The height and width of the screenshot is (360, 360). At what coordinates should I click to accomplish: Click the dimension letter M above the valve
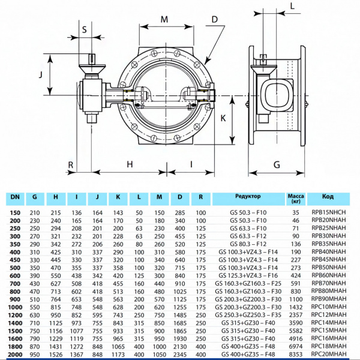[x=165, y=20]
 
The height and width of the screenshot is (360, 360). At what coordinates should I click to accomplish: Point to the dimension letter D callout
[x=214, y=20]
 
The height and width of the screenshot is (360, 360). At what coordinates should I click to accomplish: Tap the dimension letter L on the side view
[x=292, y=7]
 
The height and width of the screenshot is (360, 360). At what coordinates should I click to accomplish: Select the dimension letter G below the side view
[x=277, y=164]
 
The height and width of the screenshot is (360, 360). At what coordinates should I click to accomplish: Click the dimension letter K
[x=223, y=118]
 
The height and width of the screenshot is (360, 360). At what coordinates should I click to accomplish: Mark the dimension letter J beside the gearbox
[x=40, y=76]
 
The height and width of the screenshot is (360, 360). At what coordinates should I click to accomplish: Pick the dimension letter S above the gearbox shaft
[x=84, y=29]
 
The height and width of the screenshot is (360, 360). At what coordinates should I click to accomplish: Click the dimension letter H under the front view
[x=129, y=164]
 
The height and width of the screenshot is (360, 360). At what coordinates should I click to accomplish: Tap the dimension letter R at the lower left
[x=70, y=164]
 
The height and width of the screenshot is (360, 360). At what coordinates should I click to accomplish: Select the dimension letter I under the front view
[x=191, y=164]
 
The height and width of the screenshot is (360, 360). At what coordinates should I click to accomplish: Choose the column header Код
[x=328, y=196]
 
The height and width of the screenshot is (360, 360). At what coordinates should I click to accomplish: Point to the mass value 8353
[x=296, y=355]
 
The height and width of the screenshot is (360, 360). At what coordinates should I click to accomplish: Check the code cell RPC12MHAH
[x=328, y=314]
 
